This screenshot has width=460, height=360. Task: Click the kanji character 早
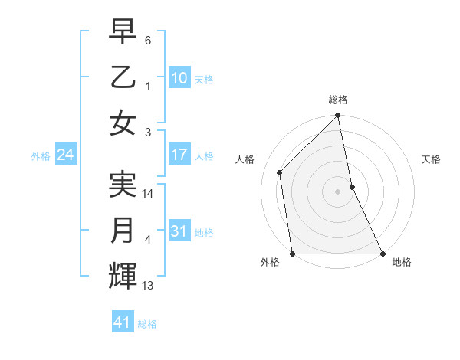(123, 31)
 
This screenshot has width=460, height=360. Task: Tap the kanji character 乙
(123, 77)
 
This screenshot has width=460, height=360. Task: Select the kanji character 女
(123, 123)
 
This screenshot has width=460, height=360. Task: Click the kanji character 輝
(123, 275)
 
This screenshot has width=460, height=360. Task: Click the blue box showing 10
(179, 77)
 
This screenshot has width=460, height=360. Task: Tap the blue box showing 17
(179, 155)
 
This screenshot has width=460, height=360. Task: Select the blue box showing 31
(179, 231)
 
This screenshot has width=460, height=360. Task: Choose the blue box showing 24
(65, 155)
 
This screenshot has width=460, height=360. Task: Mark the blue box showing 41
(123, 322)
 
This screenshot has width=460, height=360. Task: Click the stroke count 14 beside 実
(149, 195)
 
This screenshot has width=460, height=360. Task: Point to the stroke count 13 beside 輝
(149, 286)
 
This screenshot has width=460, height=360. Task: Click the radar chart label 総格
(338, 100)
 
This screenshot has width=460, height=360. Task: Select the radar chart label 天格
(432, 159)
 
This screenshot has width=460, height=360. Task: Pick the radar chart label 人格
(245, 159)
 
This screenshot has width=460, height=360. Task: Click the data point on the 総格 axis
(338, 116)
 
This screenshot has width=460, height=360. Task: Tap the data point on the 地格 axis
(382, 254)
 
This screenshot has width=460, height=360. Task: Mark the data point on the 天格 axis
(352, 187)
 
